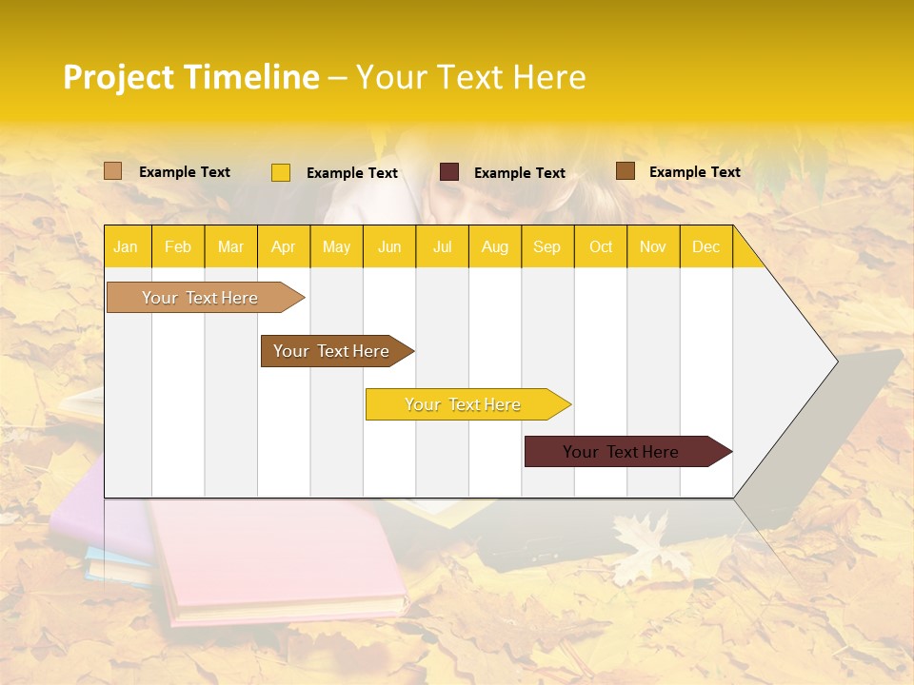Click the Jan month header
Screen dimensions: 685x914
(126, 246)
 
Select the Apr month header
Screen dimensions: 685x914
(283, 246)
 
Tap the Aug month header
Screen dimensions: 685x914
(494, 246)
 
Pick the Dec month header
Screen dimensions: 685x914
(705, 246)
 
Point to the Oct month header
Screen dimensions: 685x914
(600, 246)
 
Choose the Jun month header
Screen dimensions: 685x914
(388, 246)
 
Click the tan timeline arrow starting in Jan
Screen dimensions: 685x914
(200, 298)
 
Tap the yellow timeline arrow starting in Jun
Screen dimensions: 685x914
(464, 404)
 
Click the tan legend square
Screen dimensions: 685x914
(113, 171)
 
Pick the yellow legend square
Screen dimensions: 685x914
(281, 172)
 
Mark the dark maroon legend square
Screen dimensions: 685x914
(449, 172)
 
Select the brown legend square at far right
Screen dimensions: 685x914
(626, 171)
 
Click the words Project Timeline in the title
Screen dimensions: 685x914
(190, 77)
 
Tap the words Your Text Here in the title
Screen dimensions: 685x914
(470, 77)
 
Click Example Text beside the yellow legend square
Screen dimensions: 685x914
(351, 173)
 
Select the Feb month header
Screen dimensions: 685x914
(177, 246)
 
